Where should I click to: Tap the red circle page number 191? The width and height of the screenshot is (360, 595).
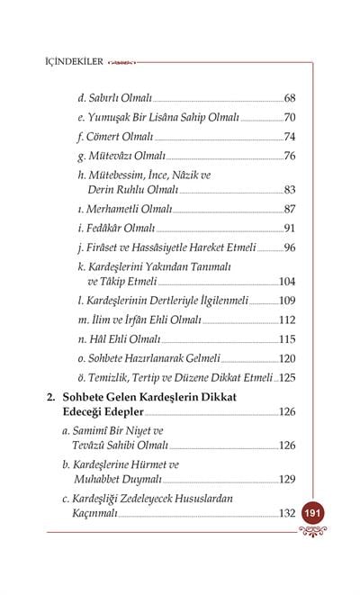(x=313, y=511)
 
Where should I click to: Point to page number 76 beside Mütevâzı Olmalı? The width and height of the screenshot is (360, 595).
(x=289, y=156)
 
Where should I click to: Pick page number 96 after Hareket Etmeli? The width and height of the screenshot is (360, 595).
(x=289, y=248)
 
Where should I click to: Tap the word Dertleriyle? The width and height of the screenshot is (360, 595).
(x=169, y=300)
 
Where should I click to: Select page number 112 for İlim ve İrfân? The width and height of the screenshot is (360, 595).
(x=287, y=320)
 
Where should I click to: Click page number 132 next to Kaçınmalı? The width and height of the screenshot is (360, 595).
(x=287, y=512)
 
